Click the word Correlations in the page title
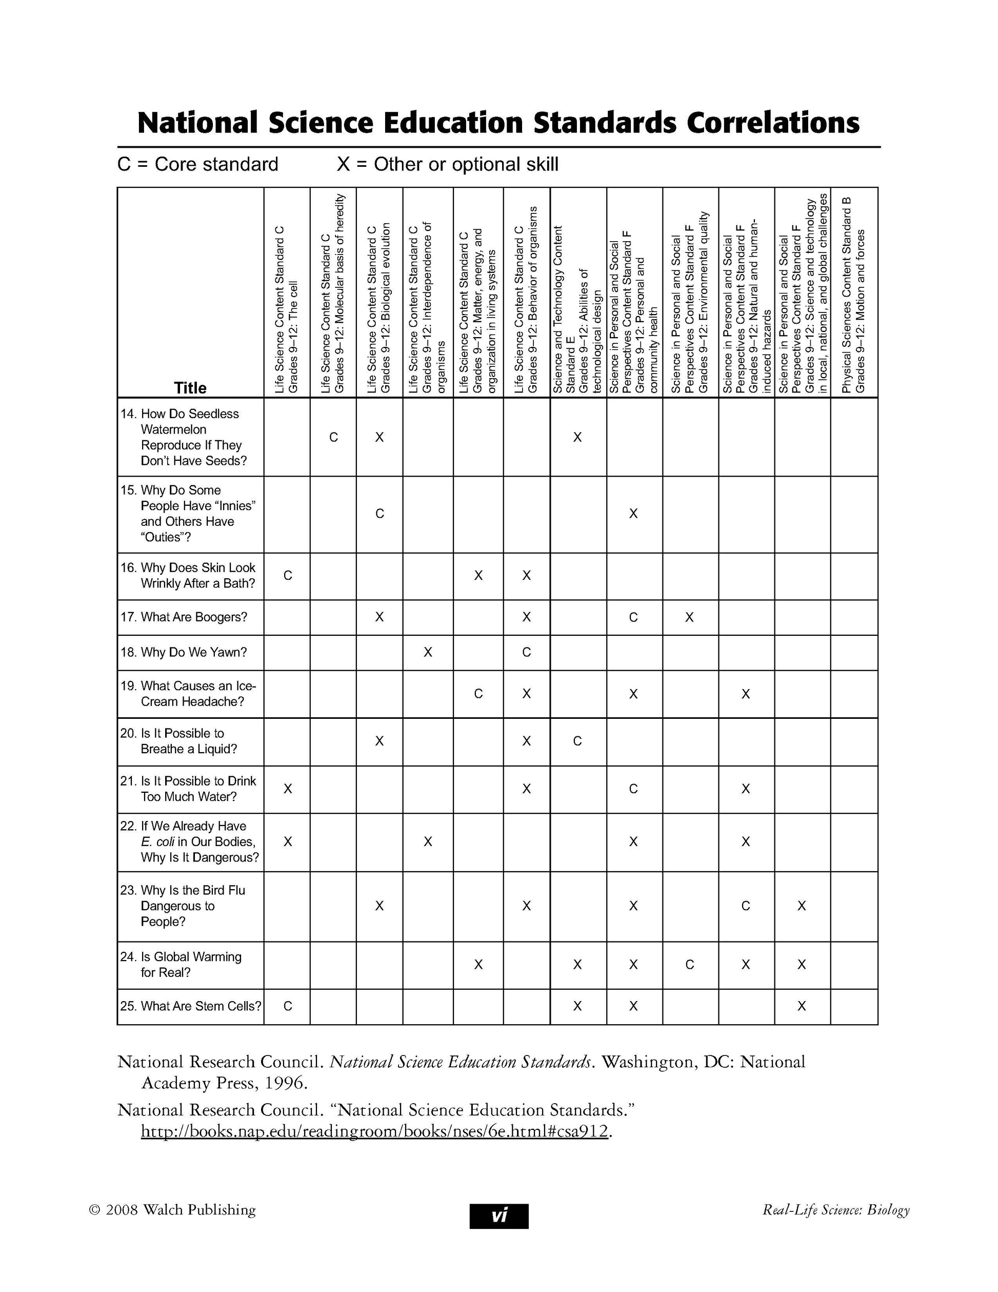[x=772, y=123]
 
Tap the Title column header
[x=190, y=388]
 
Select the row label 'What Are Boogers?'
[x=194, y=617]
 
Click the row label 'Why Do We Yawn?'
[x=194, y=652]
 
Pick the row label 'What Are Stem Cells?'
[x=201, y=1006]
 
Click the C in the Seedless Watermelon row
[x=333, y=437]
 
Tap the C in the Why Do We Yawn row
[x=526, y=652]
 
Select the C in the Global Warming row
[x=689, y=965]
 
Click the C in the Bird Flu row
[x=746, y=906]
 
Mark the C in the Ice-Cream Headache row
[x=478, y=693]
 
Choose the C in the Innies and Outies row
[x=380, y=514]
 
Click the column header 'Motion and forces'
[x=853, y=296]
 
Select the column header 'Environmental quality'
[x=689, y=302]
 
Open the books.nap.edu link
[x=374, y=1131]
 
